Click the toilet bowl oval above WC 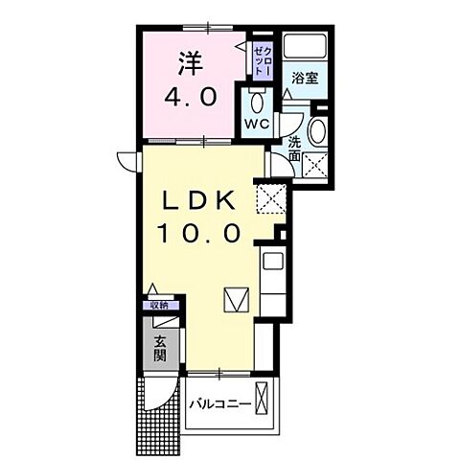(256, 101)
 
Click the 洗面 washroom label (296, 148)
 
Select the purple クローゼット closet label (263, 57)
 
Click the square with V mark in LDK (235, 301)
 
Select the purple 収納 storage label (158, 305)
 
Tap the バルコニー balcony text (219, 404)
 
